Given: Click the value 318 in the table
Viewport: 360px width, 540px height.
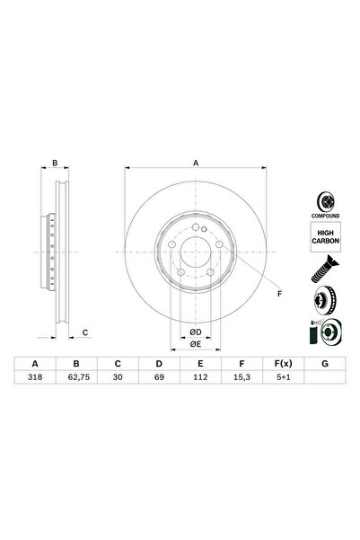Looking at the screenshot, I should coord(37,380).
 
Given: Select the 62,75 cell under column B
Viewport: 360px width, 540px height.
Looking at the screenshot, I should coord(77,380).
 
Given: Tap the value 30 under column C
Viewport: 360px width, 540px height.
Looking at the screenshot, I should coord(118,380).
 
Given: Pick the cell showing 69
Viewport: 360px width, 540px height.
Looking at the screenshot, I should coord(158,380).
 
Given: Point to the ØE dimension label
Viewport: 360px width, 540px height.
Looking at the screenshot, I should coord(195,343).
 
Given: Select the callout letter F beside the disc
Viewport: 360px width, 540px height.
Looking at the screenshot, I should coord(279,294).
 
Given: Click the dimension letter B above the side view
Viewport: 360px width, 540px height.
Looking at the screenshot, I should coord(55,163).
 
